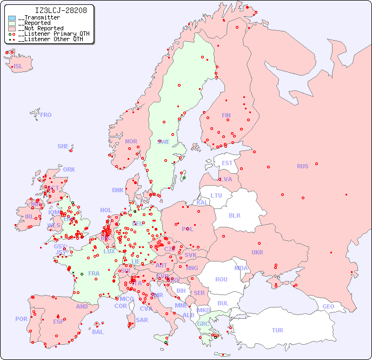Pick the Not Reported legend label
coord(41,28)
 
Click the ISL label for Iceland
coord(18,67)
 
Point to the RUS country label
coord(302,166)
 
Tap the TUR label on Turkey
coord(277,330)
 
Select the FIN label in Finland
coord(226,115)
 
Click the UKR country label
coord(257,252)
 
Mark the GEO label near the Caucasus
coord(328,306)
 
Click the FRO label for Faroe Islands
coord(46,115)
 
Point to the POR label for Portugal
coord(21,319)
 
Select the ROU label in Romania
coord(221,279)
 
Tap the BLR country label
coord(235,215)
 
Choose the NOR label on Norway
coord(131,141)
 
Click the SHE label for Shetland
coord(63,146)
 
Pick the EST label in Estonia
coord(227,163)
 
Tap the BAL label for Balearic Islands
coord(98,332)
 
